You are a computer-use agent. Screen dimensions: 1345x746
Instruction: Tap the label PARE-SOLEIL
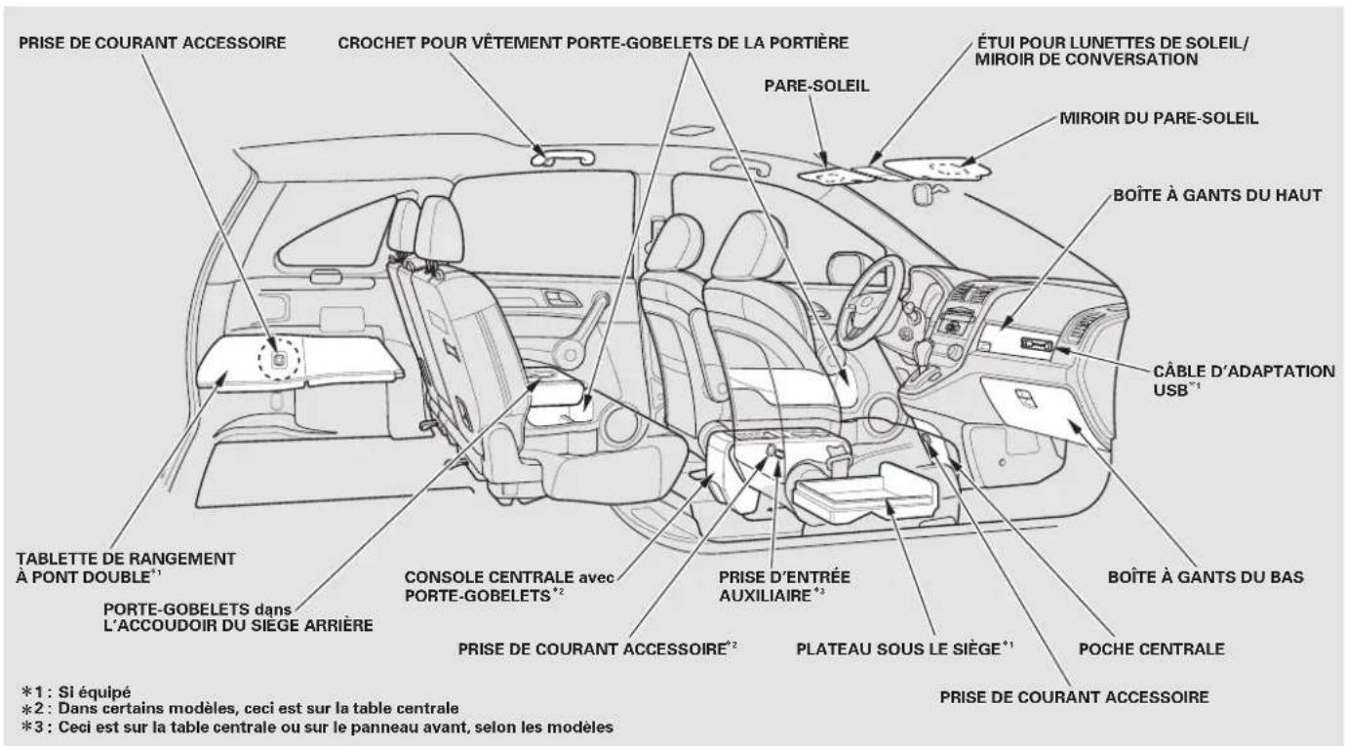(x=816, y=86)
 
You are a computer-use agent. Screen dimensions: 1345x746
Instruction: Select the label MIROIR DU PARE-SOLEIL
(x=1159, y=118)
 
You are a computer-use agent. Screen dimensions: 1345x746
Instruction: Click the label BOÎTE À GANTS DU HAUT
(x=1217, y=196)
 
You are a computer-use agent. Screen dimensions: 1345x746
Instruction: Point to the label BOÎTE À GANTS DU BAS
(x=1206, y=577)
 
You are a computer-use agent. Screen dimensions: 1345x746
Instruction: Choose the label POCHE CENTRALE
(x=1151, y=648)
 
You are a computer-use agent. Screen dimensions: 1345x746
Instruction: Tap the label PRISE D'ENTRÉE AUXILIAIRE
(x=785, y=586)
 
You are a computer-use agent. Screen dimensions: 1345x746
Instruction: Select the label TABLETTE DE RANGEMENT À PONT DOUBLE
(x=126, y=568)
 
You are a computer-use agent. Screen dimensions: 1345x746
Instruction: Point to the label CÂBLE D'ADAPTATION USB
(x=1244, y=380)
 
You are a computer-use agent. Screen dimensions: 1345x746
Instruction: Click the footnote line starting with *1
(x=76, y=692)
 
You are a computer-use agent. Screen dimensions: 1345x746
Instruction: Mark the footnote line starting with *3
(x=317, y=727)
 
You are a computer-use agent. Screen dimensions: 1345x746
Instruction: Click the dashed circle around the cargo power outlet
(x=259, y=360)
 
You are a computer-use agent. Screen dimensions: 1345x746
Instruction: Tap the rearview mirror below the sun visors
(x=923, y=194)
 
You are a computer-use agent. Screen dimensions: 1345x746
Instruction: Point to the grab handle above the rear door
(x=562, y=155)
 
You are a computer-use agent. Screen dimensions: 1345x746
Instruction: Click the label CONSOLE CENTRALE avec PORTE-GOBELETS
(x=509, y=586)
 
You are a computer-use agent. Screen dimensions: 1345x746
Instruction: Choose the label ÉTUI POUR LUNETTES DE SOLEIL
(x=1113, y=43)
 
